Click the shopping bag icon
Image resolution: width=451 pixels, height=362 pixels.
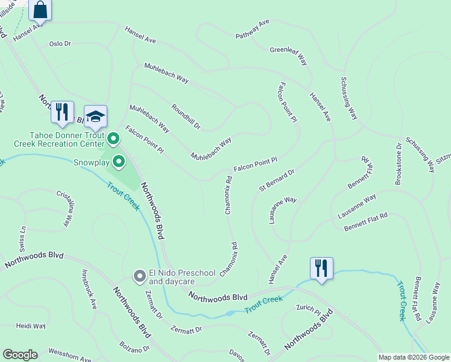pos(40,10)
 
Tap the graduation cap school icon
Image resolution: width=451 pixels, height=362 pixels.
pos(96,116)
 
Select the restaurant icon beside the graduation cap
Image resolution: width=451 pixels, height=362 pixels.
pos(62,112)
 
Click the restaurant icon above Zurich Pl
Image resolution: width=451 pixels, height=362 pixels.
pos(321,268)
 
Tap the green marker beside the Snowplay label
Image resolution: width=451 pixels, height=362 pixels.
pos(119,162)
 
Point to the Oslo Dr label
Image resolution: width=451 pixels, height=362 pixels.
pos(60,44)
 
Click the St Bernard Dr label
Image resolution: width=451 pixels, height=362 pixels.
pos(276,180)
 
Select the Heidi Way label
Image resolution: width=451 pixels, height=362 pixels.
pos(31,326)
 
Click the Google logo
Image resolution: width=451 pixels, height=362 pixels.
pos(20,355)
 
